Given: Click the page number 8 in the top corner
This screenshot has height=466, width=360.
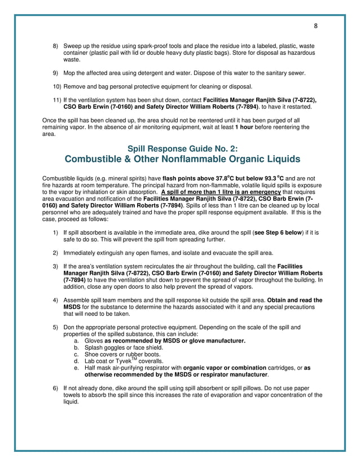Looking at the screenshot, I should tap(315, 25).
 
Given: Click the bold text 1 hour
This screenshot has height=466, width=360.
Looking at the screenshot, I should tap(244, 127).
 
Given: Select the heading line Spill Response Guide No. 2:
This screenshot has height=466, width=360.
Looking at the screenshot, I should tap(179, 149).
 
